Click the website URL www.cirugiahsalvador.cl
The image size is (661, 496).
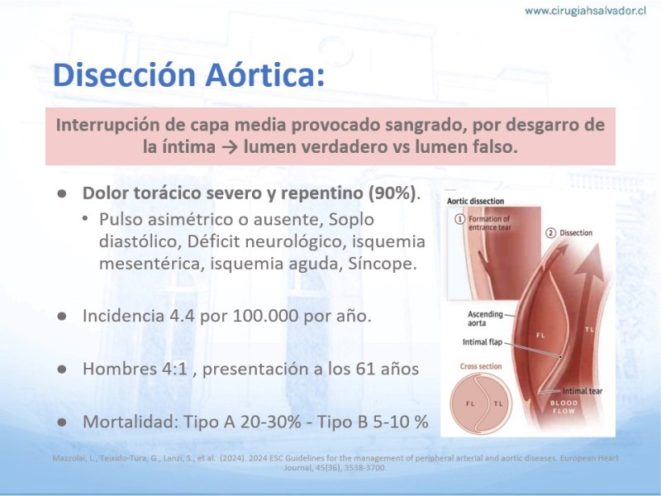coord(585,11)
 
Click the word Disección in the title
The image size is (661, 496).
coord(125,74)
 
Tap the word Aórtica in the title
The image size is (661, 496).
coord(265,74)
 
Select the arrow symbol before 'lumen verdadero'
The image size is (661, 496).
coord(230,147)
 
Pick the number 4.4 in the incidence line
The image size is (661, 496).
coord(182,316)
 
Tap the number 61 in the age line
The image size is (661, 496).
coord(365,369)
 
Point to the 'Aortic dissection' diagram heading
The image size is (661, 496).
coord(476,201)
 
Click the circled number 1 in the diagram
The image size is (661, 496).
coord(460,219)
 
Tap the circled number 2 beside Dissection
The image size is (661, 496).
coord(551,233)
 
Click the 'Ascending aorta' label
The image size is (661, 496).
coord(485,318)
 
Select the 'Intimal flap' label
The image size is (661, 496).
coord(483,342)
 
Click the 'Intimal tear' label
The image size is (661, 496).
coord(583,391)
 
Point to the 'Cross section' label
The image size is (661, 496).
coord(481,366)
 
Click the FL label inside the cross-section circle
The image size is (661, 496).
coord(470,403)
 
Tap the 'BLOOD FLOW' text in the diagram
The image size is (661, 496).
coord(564,407)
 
